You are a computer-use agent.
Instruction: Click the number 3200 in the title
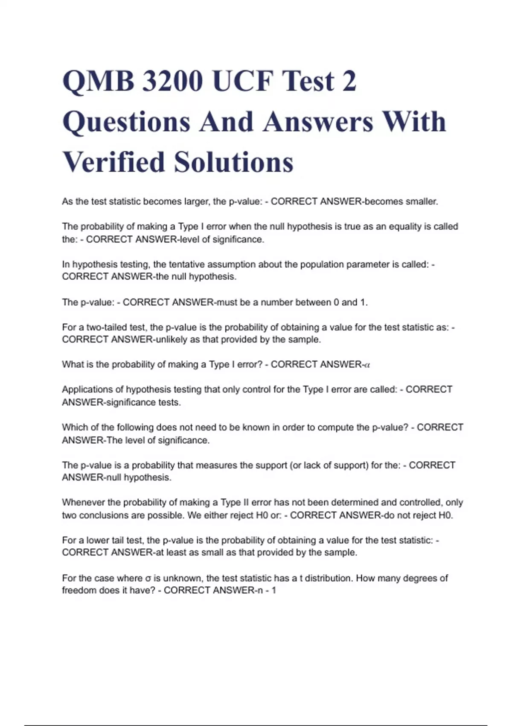pyautogui.click(x=172, y=81)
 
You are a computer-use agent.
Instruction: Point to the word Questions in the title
pyautogui.click(x=126, y=122)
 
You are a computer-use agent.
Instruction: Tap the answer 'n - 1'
pyautogui.click(x=265, y=590)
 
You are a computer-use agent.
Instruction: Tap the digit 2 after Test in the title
pyautogui.click(x=349, y=81)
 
